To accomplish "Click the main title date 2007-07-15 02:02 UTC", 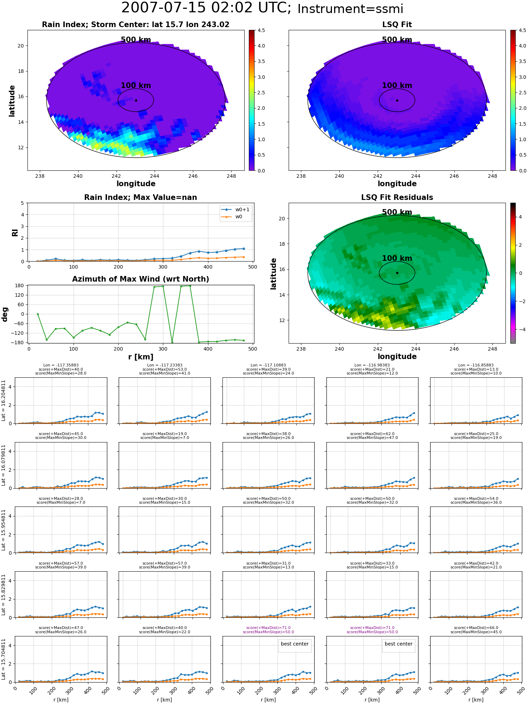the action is click(206, 8).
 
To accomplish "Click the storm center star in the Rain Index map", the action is click(136, 100).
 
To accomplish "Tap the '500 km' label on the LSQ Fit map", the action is click(397, 40).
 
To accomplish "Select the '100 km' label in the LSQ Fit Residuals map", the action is click(397, 258).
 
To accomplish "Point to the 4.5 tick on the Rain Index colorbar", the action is click(261, 30).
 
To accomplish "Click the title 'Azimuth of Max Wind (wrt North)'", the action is click(140, 279).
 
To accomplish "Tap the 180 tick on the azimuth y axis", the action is click(20, 286).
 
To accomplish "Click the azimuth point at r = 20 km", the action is click(38, 314).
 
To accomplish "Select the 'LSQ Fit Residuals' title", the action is click(397, 197).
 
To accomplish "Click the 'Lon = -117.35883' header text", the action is click(61, 365).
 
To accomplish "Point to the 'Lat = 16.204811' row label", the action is click(4, 401).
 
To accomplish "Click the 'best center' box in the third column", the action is click(295, 644).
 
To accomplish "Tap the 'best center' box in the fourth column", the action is click(398, 644).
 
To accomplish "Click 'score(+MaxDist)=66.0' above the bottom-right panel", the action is click(476, 628).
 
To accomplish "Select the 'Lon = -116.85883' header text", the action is click(476, 365).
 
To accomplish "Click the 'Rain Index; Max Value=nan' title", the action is click(140, 197).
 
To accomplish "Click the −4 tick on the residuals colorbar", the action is click(521, 329).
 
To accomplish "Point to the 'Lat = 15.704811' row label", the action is click(4, 659).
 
